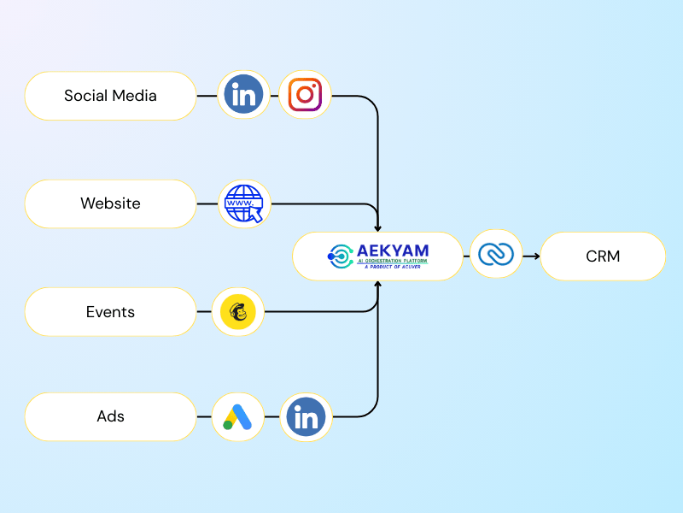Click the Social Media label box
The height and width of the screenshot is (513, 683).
[x=110, y=96]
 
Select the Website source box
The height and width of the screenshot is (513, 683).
[x=110, y=203]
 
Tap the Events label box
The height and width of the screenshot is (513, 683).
[x=110, y=312]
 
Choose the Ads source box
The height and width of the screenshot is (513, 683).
[x=110, y=417]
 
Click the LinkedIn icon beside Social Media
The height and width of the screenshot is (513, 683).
[x=243, y=96]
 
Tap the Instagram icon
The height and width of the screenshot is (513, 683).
[x=305, y=96]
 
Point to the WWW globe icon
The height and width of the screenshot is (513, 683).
[x=244, y=203]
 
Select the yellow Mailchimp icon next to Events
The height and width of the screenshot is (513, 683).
[x=237, y=312]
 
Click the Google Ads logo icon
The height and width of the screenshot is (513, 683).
[x=236, y=417]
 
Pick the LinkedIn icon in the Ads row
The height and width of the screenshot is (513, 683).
[x=305, y=417]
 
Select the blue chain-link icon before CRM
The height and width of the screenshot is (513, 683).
[x=496, y=255]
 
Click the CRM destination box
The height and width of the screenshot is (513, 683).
[x=603, y=256]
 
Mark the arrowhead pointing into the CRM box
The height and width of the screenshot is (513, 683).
[x=535, y=256]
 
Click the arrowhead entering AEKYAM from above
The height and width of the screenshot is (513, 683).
[x=378, y=227]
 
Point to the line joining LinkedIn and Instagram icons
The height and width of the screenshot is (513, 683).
[x=274, y=96]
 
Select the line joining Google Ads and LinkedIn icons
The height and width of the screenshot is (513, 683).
[x=271, y=417]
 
